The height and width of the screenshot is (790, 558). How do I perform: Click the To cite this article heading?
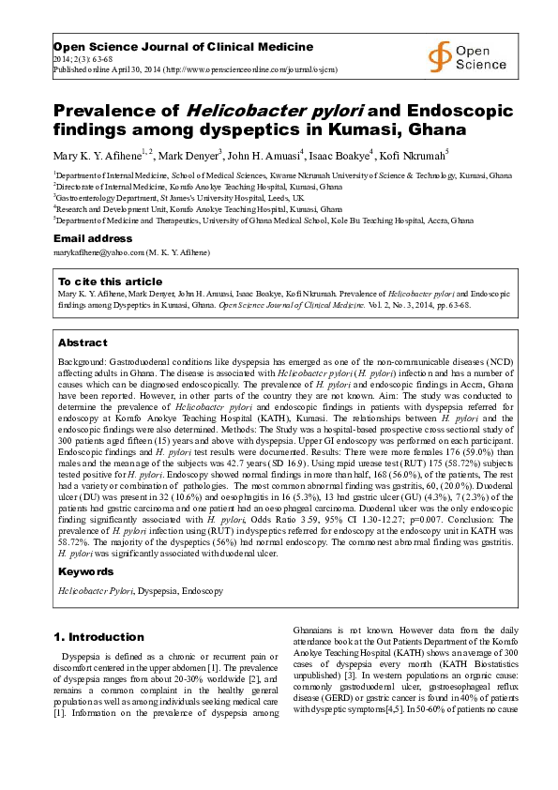click(110, 281)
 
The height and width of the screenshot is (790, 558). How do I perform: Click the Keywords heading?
click(86, 571)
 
